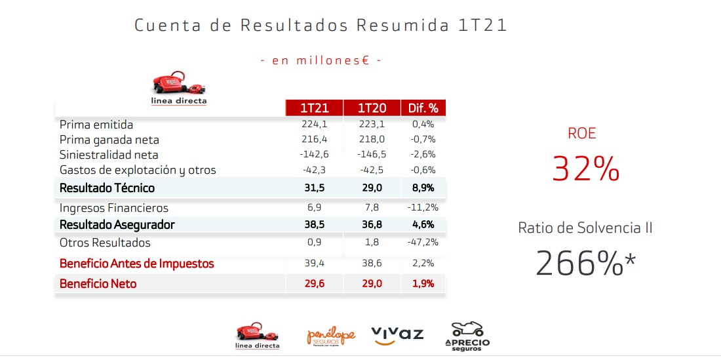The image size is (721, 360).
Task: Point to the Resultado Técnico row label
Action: [x=107, y=188]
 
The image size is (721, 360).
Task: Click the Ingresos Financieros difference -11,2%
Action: [x=422, y=208]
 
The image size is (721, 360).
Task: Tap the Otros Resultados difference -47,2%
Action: [x=422, y=243]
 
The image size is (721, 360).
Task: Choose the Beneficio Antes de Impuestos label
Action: [x=136, y=264]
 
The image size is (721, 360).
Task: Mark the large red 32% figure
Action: [x=585, y=169]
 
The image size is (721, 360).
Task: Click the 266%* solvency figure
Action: [x=586, y=263]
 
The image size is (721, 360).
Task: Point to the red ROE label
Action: [x=582, y=134]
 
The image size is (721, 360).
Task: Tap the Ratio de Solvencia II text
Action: [x=585, y=228]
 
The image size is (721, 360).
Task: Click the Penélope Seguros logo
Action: [x=331, y=336]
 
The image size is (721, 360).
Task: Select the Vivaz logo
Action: [x=397, y=335]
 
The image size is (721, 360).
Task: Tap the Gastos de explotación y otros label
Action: [x=137, y=170]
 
